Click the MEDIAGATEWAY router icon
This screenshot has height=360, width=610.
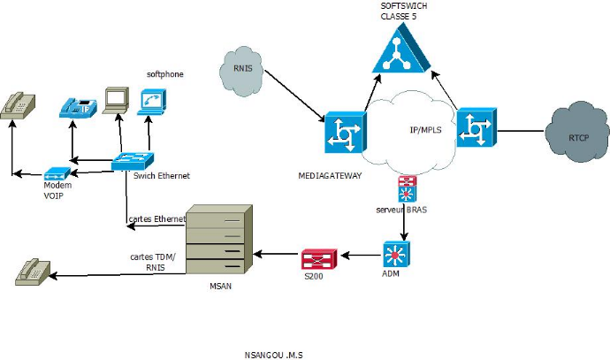tap(345, 134)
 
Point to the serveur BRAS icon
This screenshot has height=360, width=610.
tap(407, 190)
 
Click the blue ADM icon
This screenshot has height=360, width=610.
tap(393, 255)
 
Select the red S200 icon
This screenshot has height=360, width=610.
tap(317, 258)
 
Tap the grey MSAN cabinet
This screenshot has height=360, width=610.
tap(217, 242)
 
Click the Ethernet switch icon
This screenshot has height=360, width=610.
tap(133, 162)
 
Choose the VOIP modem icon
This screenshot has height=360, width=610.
tap(56, 172)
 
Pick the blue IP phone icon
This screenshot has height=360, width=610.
tap(77, 108)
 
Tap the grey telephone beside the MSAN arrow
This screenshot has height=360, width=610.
tap(33, 272)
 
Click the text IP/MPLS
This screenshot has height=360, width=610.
tap(427, 130)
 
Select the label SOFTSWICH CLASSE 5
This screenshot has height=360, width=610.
tap(402, 11)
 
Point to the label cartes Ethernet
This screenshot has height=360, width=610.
tap(157, 218)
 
